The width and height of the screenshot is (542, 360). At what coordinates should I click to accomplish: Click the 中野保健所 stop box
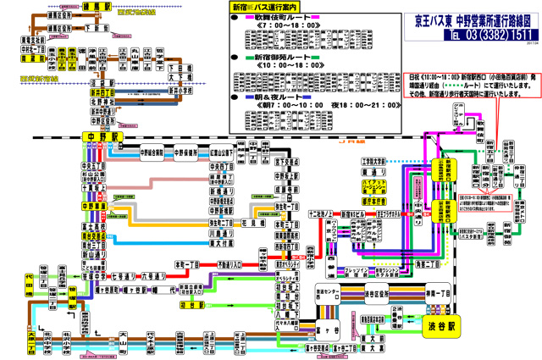coord(186,152)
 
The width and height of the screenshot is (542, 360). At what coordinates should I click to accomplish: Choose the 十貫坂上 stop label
coord(91,188)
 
